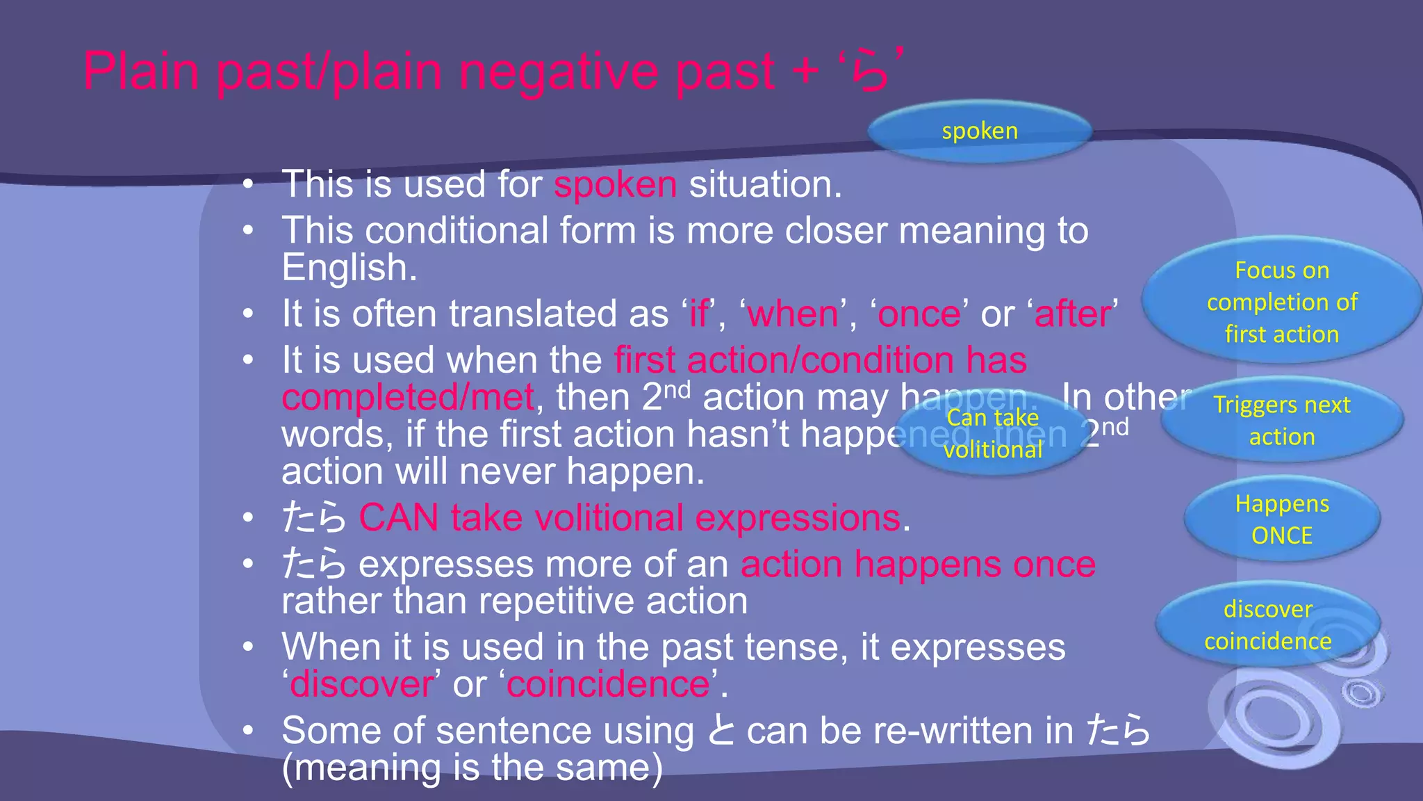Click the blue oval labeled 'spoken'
(x=979, y=131)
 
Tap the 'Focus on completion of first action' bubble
(x=1281, y=302)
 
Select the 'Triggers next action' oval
(x=1281, y=421)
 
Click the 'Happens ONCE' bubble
(x=1281, y=519)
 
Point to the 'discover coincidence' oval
(x=1267, y=624)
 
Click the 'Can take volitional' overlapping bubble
(x=992, y=434)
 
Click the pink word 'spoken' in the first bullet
(x=615, y=185)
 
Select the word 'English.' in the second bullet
(x=349, y=268)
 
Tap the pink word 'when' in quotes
(x=793, y=314)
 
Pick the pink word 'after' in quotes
(x=1072, y=314)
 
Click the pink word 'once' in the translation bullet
(x=919, y=314)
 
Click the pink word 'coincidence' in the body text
(x=608, y=684)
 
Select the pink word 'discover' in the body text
(x=361, y=684)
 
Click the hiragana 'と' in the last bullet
(x=720, y=731)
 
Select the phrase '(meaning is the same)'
(x=472, y=768)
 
